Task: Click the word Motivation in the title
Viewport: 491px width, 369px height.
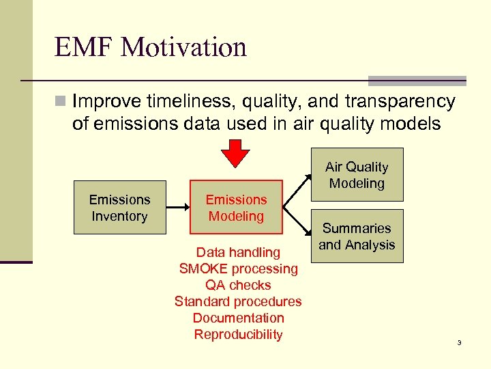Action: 182,48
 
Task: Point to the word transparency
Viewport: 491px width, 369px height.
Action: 398,102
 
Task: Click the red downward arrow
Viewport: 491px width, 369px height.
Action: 238,152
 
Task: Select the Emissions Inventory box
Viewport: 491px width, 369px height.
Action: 119,208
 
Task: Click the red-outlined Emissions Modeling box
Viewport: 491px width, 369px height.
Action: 236,208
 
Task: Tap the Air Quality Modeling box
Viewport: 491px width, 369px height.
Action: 357,175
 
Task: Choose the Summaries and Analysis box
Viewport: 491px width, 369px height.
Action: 357,236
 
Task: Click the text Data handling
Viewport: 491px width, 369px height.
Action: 238,253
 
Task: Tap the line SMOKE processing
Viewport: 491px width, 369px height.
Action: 238,269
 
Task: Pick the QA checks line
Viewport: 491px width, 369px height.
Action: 238,286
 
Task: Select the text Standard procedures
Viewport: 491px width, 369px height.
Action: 238,302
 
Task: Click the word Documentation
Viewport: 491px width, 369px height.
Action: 238,318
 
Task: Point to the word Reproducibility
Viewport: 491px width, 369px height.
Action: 238,335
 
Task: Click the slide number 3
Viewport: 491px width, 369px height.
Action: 459,342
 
